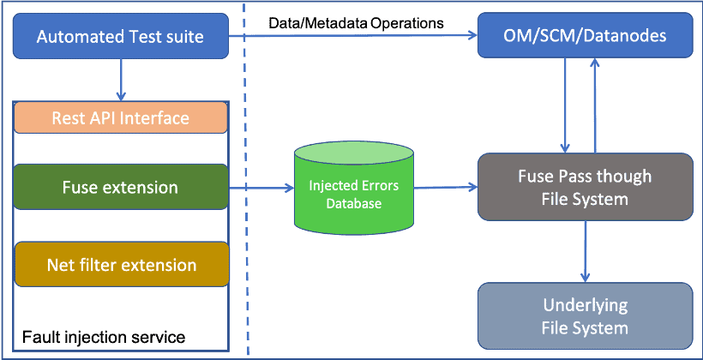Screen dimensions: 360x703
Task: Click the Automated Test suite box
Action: pos(121,37)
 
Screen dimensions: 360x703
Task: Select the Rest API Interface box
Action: pos(121,117)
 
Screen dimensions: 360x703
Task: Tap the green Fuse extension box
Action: pos(121,187)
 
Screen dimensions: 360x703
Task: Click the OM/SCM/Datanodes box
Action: pos(585,37)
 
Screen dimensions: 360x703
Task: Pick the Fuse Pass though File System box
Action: pos(585,188)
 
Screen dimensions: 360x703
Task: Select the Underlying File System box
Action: pos(585,316)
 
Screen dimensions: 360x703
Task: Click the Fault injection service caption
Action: pos(103,334)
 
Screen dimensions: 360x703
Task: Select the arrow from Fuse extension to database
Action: pos(261,187)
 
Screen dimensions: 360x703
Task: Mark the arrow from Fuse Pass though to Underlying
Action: pos(586,251)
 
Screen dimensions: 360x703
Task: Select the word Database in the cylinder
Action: pos(352,204)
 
